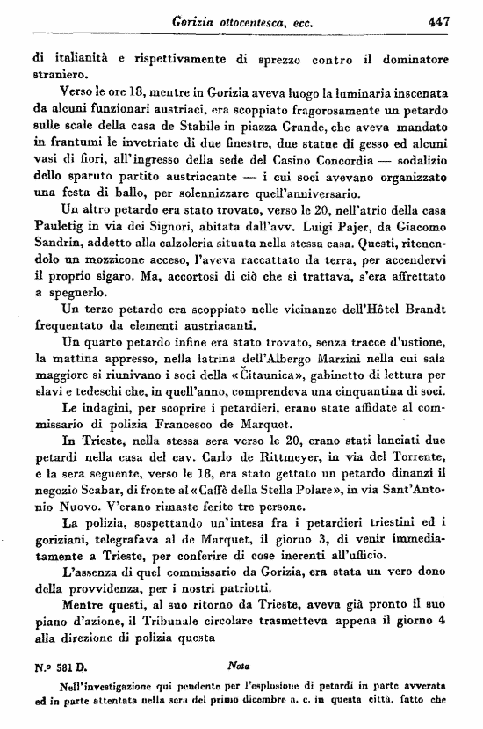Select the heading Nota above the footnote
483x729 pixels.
[239, 679]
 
